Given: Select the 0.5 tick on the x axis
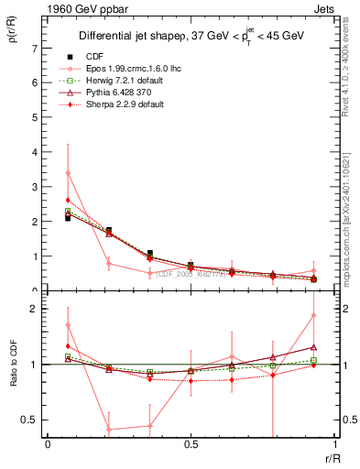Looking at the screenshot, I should point(191,445).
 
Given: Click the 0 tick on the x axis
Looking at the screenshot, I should point(48,445).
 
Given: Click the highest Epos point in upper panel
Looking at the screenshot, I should point(68,173).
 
